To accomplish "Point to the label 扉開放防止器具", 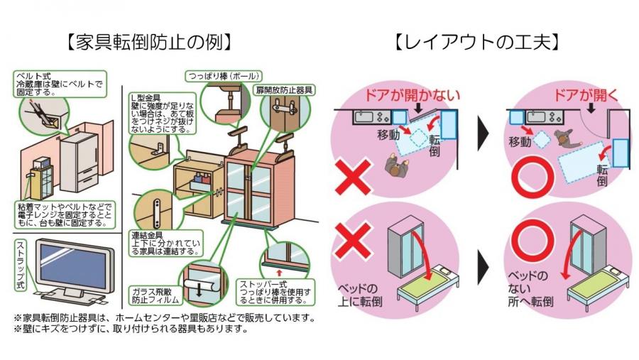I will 284,91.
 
